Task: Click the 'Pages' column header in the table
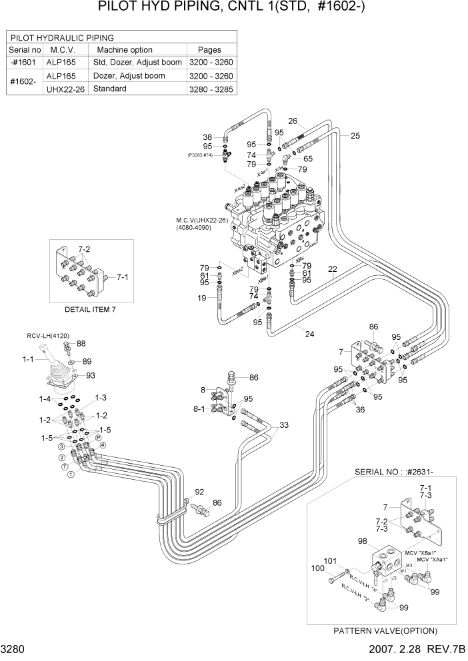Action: [209, 50]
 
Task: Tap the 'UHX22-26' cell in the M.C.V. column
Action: [66, 89]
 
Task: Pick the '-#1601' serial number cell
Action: [25, 63]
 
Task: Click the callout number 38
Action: [207, 137]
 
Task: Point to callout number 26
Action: [292, 121]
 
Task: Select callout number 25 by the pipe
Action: [355, 136]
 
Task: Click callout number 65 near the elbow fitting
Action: [308, 159]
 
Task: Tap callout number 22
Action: [332, 269]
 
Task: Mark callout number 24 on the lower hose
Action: [309, 334]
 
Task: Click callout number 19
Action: [201, 298]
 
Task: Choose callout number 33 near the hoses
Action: [284, 425]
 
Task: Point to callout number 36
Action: [360, 410]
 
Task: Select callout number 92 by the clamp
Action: [199, 492]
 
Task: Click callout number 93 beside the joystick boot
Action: [91, 375]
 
